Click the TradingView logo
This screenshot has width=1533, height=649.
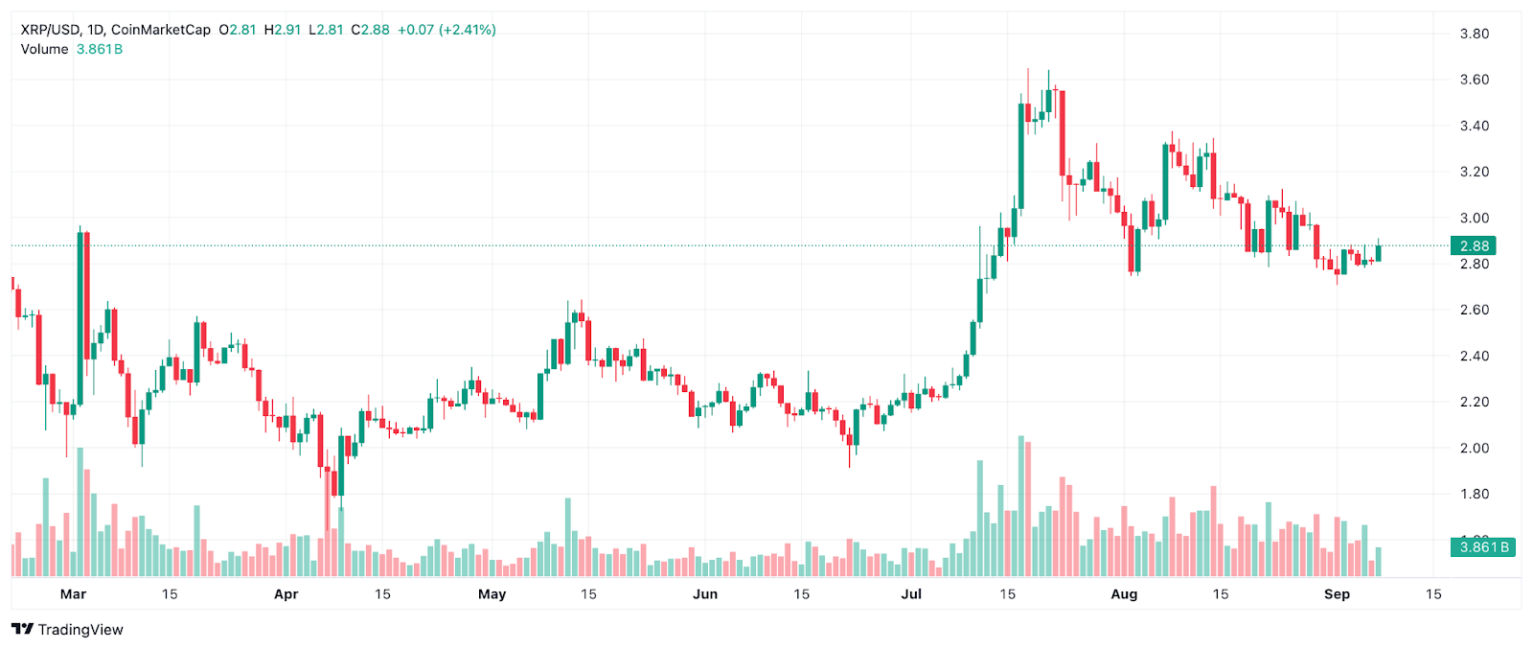pos(67,630)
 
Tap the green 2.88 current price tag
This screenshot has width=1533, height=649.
pos(1474,246)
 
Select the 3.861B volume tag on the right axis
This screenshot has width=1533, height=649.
pos(1483,547)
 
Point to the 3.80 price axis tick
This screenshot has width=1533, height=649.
pos(1474,34)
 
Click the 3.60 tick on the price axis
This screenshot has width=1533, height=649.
pos(1474,80)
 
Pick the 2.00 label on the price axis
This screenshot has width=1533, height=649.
pos(1474,448)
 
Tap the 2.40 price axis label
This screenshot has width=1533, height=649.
pos(1474,356)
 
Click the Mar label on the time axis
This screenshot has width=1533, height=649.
pos(73,594)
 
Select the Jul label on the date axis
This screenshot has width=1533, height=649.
pos(911,594)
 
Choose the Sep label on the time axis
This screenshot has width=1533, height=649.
pos(1337,594)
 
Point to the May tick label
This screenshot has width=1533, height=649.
pos(492,594)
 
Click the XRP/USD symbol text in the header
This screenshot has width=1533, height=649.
pos(51,30)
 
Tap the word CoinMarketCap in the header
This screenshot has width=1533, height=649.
pos(161,30)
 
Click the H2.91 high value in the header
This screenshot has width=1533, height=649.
pos(282,30)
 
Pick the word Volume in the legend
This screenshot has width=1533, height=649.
pos(44,49)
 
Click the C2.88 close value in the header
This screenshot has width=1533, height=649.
pos(370,30)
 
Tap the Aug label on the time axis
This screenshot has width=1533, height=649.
pos(1124,594)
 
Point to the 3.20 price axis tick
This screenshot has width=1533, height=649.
pos(1474,172)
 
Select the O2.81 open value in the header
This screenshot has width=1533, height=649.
pos(238,30)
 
